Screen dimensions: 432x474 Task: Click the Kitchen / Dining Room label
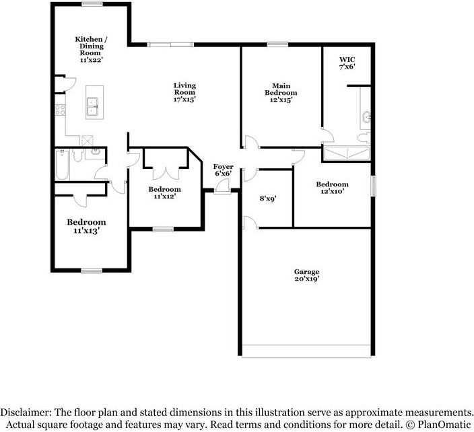(x=89, y=50)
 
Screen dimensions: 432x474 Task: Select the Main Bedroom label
(x=280, y=93)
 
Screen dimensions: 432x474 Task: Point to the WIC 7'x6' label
(x=346, y=63)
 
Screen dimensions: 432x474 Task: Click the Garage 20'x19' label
(x=306, y=275)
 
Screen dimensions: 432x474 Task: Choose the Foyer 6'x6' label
(x=223, y=170)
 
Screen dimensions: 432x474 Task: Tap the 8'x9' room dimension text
(x=269, y=199)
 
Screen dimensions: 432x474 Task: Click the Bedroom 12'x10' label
(x=332, y=188)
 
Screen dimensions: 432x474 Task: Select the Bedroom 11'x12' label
(x=164, y=193)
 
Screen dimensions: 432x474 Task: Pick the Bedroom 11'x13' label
(x=86, y=226)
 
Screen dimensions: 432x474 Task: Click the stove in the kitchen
(x=59, y=110)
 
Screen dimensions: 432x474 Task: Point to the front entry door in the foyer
(x=223, y=190)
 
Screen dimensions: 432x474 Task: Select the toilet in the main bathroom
(x=364, y=137)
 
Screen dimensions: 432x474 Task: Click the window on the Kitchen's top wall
(x=92, y=4)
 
